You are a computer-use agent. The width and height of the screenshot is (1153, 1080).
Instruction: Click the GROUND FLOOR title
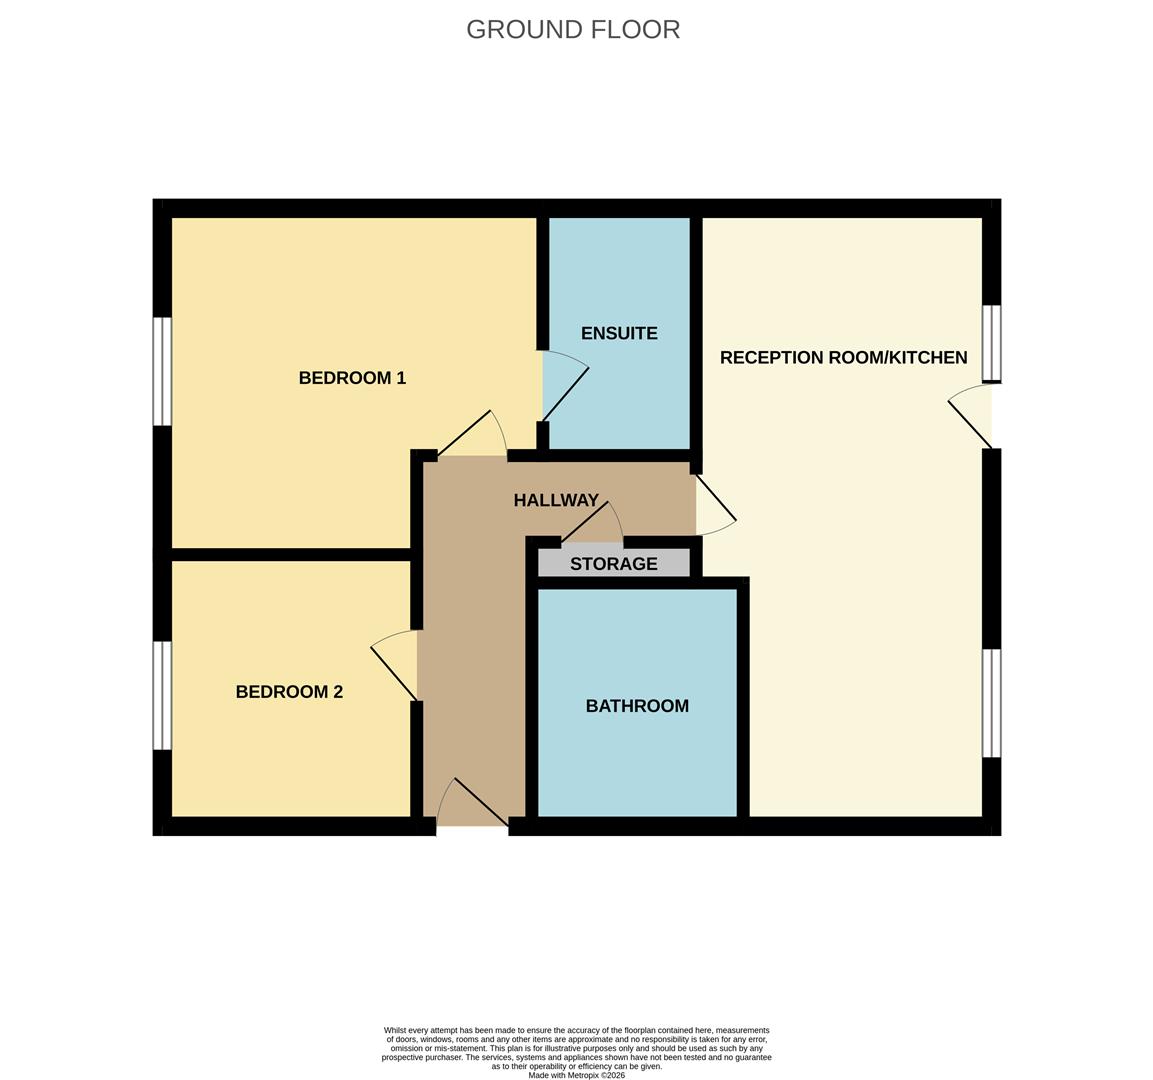pos(573,30)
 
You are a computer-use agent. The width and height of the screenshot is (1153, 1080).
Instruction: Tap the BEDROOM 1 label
pos(352,378)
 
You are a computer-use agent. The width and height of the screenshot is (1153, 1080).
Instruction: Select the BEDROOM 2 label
pos(289,692)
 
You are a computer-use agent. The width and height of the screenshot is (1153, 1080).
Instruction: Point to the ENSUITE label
pos(619,334)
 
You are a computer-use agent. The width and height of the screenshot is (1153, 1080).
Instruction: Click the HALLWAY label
pos(556,500)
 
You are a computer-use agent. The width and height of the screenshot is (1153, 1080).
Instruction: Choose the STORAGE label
pos(613,564)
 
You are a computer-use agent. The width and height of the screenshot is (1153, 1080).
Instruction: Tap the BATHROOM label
pos(637,706)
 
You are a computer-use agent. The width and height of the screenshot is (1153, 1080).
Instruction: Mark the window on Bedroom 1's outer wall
pos(162,371)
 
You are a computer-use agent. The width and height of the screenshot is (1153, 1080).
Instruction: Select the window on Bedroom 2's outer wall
pos(162,695)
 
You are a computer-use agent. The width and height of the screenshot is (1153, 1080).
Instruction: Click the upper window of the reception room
pos(991,343)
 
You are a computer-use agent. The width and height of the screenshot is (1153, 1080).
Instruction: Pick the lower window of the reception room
pos(991,703)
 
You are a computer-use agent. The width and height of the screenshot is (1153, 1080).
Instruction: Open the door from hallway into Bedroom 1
pos(472,436)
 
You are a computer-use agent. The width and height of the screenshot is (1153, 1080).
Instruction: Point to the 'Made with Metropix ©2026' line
pos(577,1075)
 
